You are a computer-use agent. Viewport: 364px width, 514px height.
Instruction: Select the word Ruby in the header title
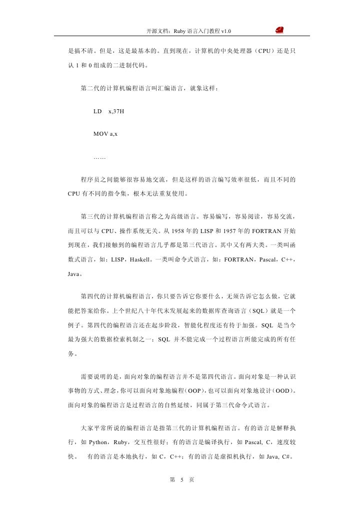pos(179,32)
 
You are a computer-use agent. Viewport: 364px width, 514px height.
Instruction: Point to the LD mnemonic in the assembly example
pos(97,111)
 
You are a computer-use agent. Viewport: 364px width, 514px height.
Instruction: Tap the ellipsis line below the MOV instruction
pos(99,158)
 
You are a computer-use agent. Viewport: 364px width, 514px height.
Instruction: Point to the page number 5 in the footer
pos(182,480)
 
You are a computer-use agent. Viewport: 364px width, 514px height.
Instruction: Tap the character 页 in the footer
pos(191,480)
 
